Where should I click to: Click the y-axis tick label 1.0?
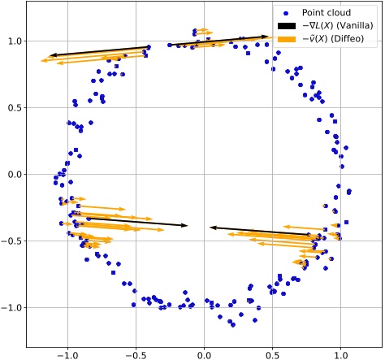tap(15, 41)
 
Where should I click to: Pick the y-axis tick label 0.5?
tap(15, 107)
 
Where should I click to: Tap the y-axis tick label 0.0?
tap(15, 174)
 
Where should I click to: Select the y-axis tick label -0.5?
tap(13, 241)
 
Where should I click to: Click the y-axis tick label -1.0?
tap(13, 307)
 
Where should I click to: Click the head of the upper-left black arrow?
tap(50, 54)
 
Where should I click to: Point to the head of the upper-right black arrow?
tap(267, 36)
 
